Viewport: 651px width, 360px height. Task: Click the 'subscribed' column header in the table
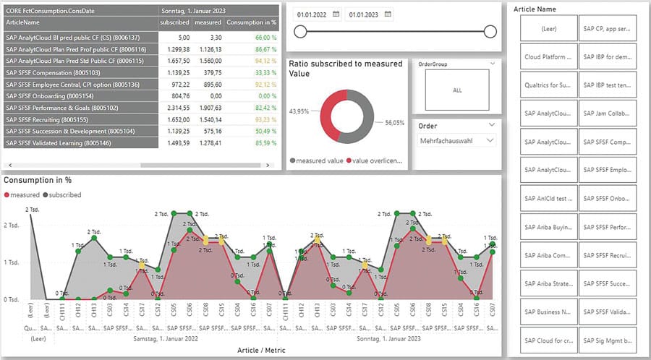pos(174,22)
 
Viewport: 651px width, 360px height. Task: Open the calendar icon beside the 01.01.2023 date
pos(389,14)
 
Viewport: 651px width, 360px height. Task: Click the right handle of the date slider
pos(490,31)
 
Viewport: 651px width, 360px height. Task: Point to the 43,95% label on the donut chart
pos(299,110)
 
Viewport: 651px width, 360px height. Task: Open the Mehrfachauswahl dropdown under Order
pos(457,141)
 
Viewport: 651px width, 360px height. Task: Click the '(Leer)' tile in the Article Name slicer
pos(548,28)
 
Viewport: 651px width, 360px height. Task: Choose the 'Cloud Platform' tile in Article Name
pos(548,56)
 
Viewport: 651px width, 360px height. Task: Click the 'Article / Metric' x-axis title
pos(261,350)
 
